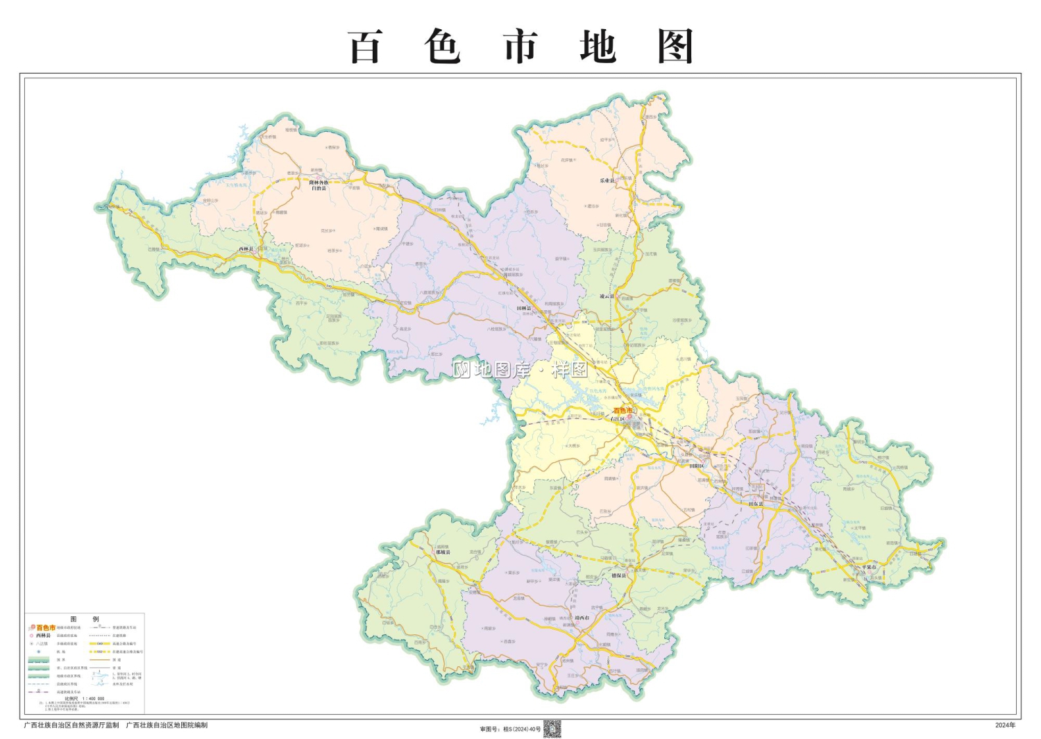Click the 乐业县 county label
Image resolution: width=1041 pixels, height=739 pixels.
click(x=607, y=180)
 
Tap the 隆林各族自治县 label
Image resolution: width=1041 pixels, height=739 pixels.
click(x=319, y=185)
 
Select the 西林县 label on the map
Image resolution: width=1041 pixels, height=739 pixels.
click(x=246, y=248)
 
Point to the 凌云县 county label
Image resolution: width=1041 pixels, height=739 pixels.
click(x=607, y=296)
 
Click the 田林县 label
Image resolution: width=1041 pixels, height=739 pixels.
click(x=523, y=308)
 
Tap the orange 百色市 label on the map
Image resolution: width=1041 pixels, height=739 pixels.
click(x=623, y=411)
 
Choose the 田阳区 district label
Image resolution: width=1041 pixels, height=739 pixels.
click(x=696, y=466)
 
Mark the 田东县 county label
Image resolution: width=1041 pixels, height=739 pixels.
click(x=755, y=504)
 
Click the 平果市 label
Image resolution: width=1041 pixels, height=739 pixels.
click(x=869, y=567)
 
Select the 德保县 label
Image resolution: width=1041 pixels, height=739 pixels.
click(x=618, y=575)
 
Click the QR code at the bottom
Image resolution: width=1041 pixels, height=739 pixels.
click(x=552, y=729)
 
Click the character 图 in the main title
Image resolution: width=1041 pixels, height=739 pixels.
click(x=675, y=47)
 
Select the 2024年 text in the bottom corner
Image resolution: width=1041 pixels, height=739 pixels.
click(x=1005, y=725)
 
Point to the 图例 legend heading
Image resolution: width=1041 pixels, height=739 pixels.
click(x=85, y=619)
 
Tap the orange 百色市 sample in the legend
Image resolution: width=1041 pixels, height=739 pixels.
click(x=46, y=627)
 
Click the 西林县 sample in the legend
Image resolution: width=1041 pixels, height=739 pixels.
click(x=43, y=635)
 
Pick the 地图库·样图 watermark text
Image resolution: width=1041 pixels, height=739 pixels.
click(x=520, y=369)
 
